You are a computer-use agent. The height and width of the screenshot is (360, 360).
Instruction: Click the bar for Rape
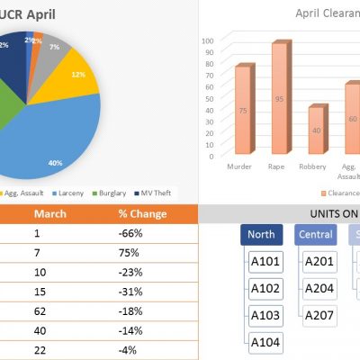click(x=278, y=99)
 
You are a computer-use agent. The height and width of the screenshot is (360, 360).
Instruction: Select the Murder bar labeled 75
click(x=243, y=111)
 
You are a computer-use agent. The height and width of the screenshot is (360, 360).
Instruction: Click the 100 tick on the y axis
click(x=207, y=40)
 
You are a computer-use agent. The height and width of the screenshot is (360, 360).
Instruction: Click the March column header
click(x=50, y=214)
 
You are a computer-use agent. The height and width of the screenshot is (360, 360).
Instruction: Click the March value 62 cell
click(x=40, y=310)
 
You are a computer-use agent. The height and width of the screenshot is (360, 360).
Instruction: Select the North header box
click(x=261, y=235)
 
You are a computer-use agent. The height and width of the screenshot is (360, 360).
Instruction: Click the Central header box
click(x=316, y=235)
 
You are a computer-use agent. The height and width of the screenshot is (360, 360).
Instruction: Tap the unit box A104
click(x=265, y=342)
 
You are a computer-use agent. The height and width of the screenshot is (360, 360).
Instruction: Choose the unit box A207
click(x=320, y=315)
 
